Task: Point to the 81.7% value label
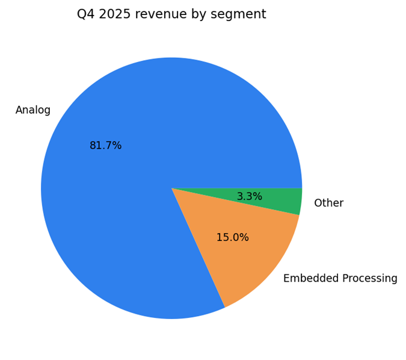point(105,146)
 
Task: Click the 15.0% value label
point(232,238)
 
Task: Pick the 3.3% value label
point(249,197)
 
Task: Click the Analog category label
point(33,110)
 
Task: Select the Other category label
point(328,203)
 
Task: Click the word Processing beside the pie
point(368,279)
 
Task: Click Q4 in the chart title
point(85,14)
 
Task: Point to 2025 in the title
point(114,14)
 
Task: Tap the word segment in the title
point(242,14)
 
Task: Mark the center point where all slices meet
point(171,188)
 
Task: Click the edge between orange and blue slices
point(198,248)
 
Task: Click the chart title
point(171,14)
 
